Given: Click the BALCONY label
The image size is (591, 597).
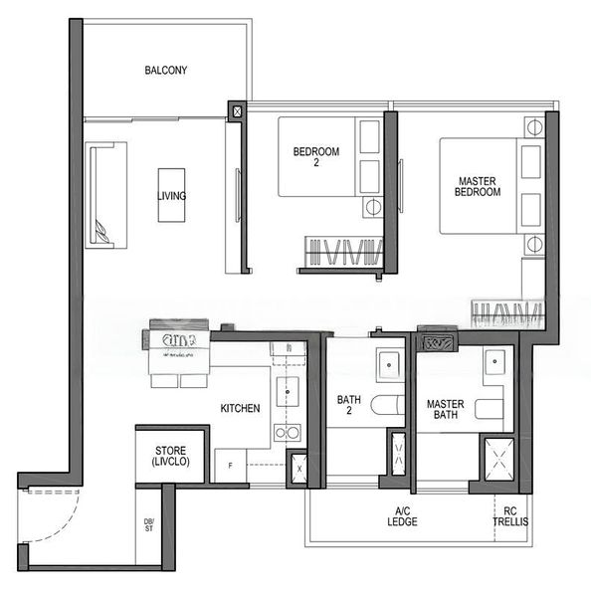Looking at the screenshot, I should tap(166, 71).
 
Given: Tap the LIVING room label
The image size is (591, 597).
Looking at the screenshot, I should tap(171, 196).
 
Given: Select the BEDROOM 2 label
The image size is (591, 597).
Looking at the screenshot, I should tap(315, 157).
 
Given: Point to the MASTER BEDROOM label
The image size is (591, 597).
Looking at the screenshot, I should tap(479, 186).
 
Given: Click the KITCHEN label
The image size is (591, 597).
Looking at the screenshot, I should tap(241, 408).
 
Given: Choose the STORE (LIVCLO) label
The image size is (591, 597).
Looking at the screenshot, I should tap(171, 455).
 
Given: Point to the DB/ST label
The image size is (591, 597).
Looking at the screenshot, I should tap(148, 525).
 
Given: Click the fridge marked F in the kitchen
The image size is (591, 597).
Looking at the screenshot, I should tap(230, 466).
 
